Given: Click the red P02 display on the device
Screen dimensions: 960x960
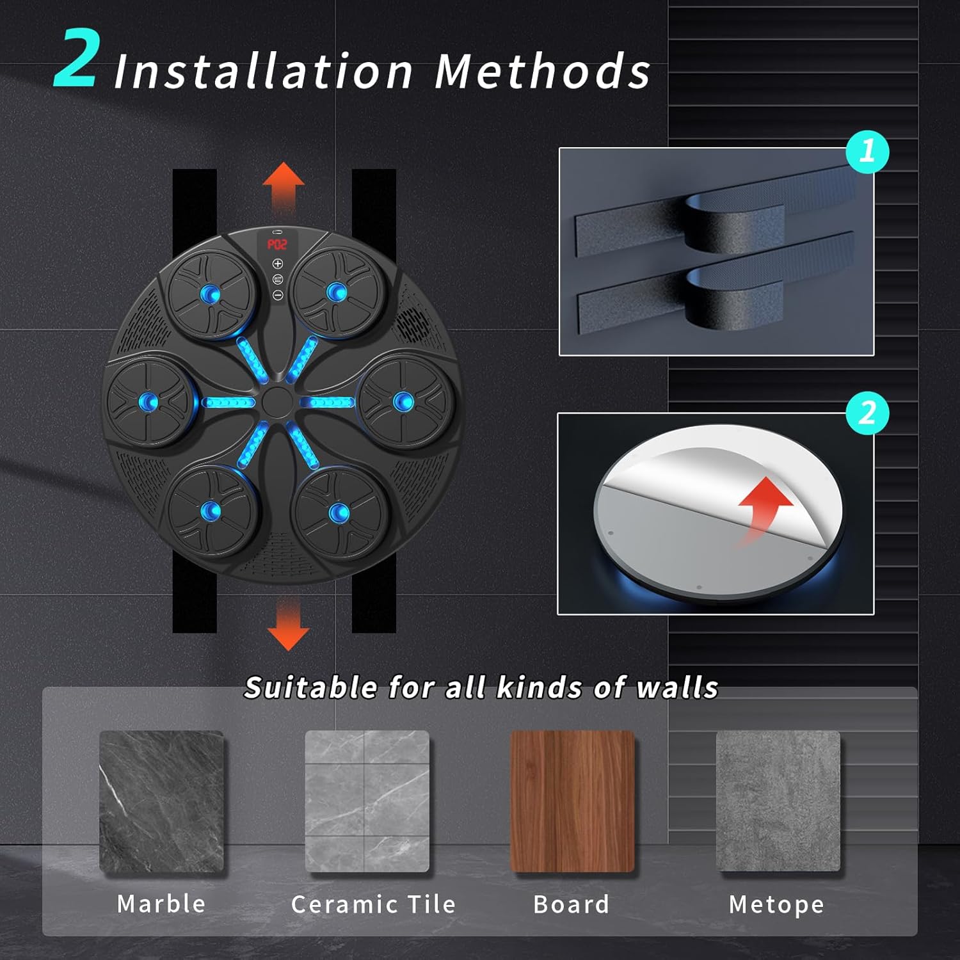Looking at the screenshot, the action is coord(277,244).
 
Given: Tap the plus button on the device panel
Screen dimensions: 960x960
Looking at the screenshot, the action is coord(278,264).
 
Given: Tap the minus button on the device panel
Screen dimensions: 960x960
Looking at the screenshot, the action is coord(278,295).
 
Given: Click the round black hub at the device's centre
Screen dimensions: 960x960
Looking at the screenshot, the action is coord(276,402).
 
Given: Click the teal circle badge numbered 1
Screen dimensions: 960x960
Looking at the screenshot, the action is coord(867,151).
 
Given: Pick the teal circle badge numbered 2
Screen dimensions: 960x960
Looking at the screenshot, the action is coord(867,413).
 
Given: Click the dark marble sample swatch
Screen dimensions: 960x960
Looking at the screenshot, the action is coord(161,801).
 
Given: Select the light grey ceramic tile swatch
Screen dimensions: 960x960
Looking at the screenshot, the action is coord(367,801).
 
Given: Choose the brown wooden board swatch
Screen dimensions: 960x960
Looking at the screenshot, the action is coord(572,801).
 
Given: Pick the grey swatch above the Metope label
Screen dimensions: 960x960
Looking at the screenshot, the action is coord(778,801).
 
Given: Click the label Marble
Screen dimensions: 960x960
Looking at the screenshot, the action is coord(161,904).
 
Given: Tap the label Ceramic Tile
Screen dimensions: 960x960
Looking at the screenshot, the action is coord(373,904).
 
